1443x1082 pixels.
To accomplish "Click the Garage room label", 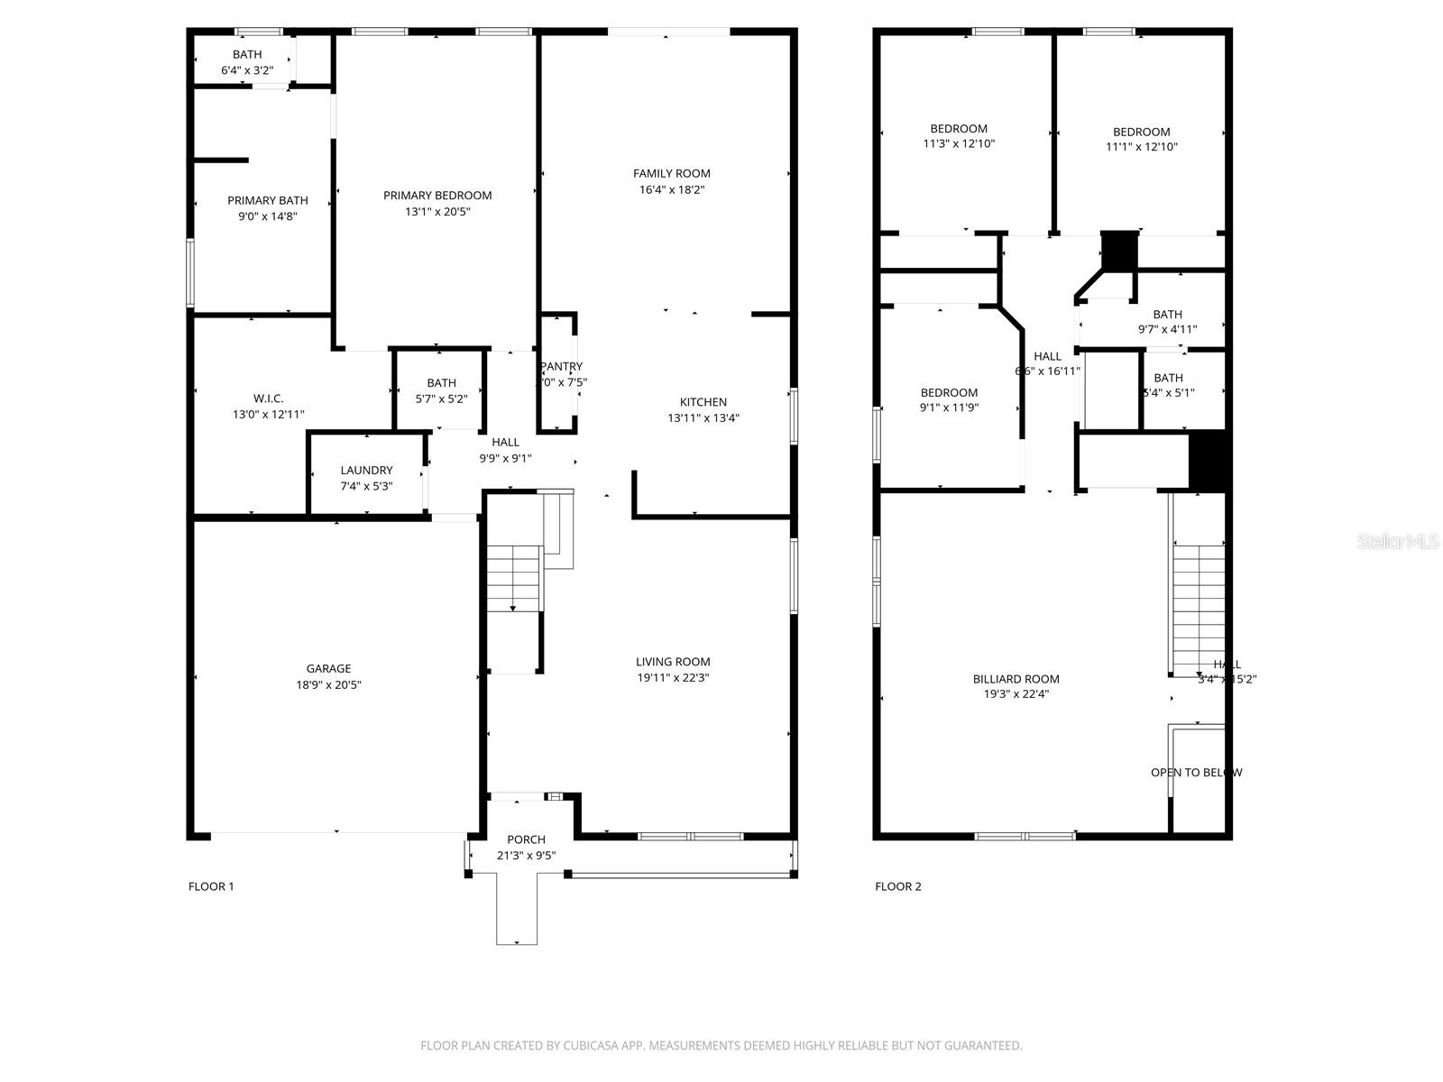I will tap(328, 668).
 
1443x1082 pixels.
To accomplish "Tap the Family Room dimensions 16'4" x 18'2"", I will tap(672, 189).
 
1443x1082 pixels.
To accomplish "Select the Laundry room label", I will tap(366, 470).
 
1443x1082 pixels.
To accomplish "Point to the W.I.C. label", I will tap(268, 398).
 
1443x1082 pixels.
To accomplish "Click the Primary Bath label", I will tap(267, 200).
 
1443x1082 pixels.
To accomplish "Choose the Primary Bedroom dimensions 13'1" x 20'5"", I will tap(437, 212).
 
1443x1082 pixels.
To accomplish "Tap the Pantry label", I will tap(562, 366).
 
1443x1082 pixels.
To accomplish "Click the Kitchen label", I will tap(703, 401).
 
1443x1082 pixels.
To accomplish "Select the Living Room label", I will tap(673, 661).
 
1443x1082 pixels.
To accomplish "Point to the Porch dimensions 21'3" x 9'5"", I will tap(526, 856).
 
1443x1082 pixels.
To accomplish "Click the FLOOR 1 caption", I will tap(211, 886).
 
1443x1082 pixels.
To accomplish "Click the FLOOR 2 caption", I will tap(898, 886).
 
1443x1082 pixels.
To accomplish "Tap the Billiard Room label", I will tap(1016, 679).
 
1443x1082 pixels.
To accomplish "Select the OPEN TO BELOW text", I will tap(1196, 773).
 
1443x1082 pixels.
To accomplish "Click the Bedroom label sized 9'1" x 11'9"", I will tap(949, 392).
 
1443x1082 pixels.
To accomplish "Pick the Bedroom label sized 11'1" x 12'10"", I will tap(1141, 132).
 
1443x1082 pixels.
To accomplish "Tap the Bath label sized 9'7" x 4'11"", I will tap(1167, 314).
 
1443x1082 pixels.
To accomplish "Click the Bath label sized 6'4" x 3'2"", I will tap(247, 54).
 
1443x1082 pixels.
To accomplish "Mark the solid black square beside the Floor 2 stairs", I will tap(1208, 461).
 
